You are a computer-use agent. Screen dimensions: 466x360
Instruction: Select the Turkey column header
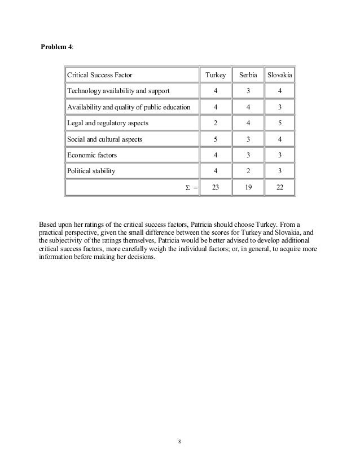pos(216,75)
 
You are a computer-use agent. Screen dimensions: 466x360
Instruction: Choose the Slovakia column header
pos(280,75)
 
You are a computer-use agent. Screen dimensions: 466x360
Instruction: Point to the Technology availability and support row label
pos(118,91)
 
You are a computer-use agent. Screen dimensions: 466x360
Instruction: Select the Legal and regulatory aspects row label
pos(108,123)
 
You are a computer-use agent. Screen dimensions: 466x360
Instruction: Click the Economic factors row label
pos(93,155)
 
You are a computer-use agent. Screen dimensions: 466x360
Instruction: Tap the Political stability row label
pos(91,171)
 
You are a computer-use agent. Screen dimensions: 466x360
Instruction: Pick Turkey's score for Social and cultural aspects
pos(216,139)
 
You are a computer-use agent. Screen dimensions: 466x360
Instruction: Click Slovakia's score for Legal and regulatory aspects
pos(280,123)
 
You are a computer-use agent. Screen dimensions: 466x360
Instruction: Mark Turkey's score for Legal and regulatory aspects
pos(216,123)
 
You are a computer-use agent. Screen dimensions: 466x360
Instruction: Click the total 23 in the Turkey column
pos(216,188)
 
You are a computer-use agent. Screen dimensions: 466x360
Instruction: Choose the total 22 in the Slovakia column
pos(280,188)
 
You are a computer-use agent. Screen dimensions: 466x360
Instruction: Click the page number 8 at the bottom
pos(179,441)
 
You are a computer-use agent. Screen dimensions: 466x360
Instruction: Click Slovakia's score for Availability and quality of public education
pos(280,107)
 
